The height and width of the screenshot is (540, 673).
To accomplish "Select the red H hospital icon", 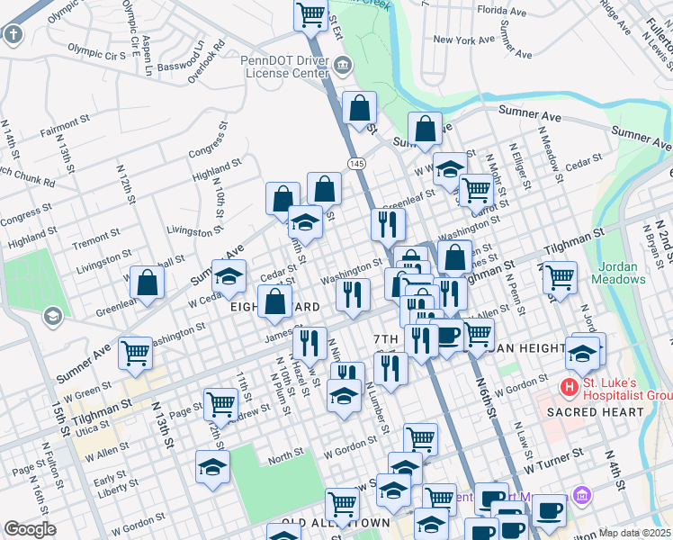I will (x=569, y=389).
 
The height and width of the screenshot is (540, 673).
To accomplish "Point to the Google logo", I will (x=30, y=528).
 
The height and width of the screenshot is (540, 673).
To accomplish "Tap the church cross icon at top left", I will (x=13, y=35).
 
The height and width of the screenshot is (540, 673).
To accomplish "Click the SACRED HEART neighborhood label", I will (x=602, y=412).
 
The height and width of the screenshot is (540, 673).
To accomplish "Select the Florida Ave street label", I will (x=502, y=11).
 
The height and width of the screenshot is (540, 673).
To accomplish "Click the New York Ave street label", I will (x=465, y=40).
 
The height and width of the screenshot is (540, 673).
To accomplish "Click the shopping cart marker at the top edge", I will (x=310, y=13).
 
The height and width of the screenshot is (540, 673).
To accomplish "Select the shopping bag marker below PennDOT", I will (x=359, y=108).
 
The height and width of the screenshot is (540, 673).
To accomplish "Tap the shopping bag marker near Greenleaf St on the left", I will (x=147, y=282).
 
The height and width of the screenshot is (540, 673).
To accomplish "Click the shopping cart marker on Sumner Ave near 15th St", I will (x=136, y=352).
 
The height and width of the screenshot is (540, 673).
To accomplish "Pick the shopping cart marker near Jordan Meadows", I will (x=560, y=276).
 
